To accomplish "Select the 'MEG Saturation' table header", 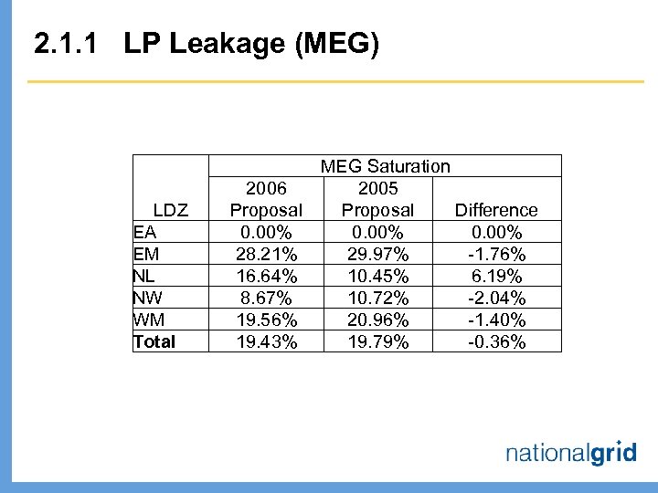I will click(385, 166).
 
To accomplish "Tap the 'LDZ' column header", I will click(171, 210).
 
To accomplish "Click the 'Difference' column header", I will click(496, 210).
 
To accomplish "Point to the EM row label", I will click(145, 254).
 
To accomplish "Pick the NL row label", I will click(143, 276).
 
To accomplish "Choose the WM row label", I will click(147, 320).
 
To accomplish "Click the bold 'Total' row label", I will click(154, 341).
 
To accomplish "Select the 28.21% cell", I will click(267, 254).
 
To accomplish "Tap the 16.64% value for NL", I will click(267, 276).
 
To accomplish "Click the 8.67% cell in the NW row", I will click(267, 298).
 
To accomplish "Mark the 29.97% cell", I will click(377, 254).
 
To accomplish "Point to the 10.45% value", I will click(377, 276).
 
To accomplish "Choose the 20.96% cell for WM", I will click(377, 320).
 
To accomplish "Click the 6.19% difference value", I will click(496, 276).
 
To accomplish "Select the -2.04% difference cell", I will click(496, 298).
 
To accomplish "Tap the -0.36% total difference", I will click(496, 341).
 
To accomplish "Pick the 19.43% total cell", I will click(267, 341).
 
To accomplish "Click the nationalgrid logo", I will click(571, 452).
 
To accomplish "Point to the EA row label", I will click(144, 232).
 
